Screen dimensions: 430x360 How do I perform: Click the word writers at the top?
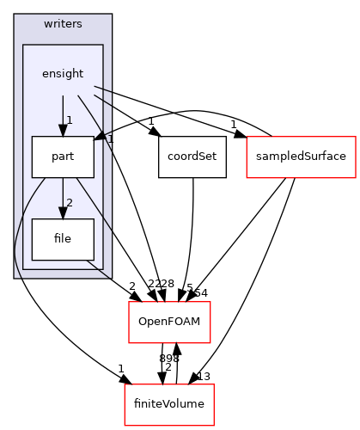tap(63, 23)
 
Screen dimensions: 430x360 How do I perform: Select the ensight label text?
tap(63, 74)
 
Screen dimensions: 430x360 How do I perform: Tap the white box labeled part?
tap(63, 157)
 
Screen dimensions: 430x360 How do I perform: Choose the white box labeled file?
tap(63, 239)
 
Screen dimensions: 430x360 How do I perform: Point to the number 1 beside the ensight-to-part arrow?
tap(70, 120)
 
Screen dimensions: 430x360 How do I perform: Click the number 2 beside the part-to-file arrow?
tap(70, 203)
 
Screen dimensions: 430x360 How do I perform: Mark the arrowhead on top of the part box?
tap(63, 131)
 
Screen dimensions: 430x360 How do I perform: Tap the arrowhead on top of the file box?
tap(63, 213)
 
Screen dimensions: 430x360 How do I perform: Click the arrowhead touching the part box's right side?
tap(99, 138)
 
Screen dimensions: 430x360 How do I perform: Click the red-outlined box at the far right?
tap(301, 157)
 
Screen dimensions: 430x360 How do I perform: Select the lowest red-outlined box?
tap(169, 405)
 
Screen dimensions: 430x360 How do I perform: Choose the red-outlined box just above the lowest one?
tap(169, 322)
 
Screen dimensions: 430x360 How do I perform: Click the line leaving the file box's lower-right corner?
tap(99, 267)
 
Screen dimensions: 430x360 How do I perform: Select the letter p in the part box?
tap(55, 157)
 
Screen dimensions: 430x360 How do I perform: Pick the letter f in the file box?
tap(57, 239)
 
